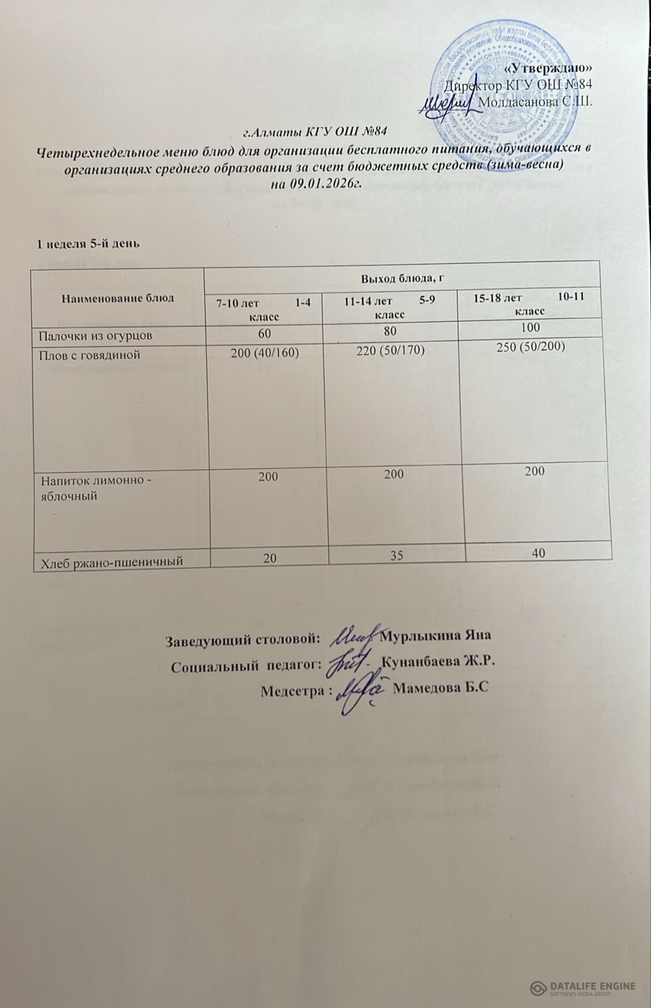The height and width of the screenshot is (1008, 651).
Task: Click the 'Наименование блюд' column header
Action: tap(118, 298)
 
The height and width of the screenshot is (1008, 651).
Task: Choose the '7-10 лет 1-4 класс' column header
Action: tap(264, 308)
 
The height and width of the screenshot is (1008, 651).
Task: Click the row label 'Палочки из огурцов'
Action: tap(96, 336)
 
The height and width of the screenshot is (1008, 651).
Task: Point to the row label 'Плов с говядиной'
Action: tap(90, 355)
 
